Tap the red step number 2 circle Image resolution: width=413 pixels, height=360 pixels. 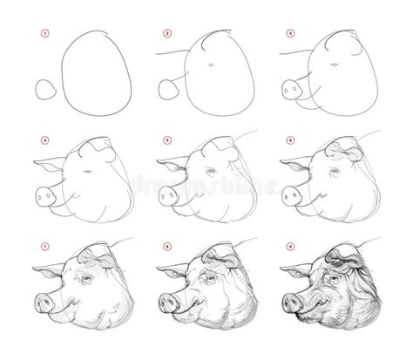click(x=165, y=34)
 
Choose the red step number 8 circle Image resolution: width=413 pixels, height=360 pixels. click(x=165, y=247)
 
